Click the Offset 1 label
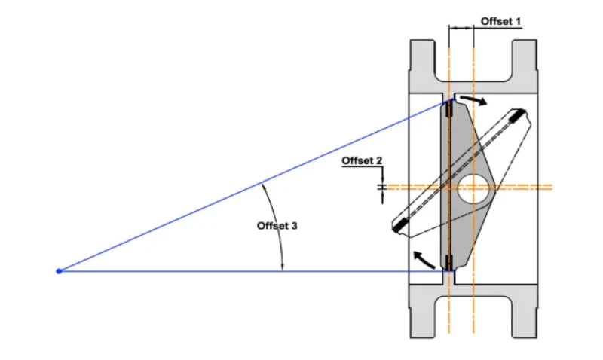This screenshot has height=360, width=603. pyautogui.click(x=500, y=22)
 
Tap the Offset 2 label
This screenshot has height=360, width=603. pyautogui.click(x=362, y=160)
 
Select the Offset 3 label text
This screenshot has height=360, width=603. pyautogui.click(x=277, y=226)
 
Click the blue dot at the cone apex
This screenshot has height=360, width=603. pyautogui.click(x=59, y=271)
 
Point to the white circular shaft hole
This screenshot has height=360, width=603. pyautogui.click(x=473, y=188)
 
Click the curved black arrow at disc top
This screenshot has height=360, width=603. pyautogui.click(x=474, y=100)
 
